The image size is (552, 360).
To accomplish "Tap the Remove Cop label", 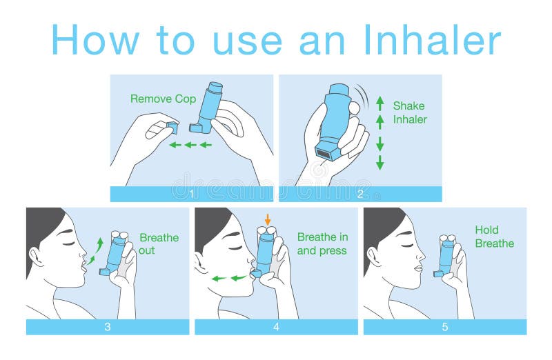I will tap(164, 99).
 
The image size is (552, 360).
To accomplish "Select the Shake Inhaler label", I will tap(409, 112).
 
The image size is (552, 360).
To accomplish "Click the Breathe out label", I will tap(159, 244).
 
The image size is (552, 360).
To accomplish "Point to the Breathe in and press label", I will tap(322, 244).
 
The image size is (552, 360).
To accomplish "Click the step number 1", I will tap(192, 194).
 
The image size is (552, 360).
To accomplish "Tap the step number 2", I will tap(360, 194).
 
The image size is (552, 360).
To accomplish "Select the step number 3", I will tap(107, 327).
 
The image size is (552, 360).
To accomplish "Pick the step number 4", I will tap(276, 327).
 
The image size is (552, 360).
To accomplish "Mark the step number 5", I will tap(444, 327).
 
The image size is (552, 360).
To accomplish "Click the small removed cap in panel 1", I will tap(171, 127).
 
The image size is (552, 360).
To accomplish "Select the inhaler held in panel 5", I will tap(445, 256).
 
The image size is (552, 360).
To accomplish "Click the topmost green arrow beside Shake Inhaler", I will tap(379, 103).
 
